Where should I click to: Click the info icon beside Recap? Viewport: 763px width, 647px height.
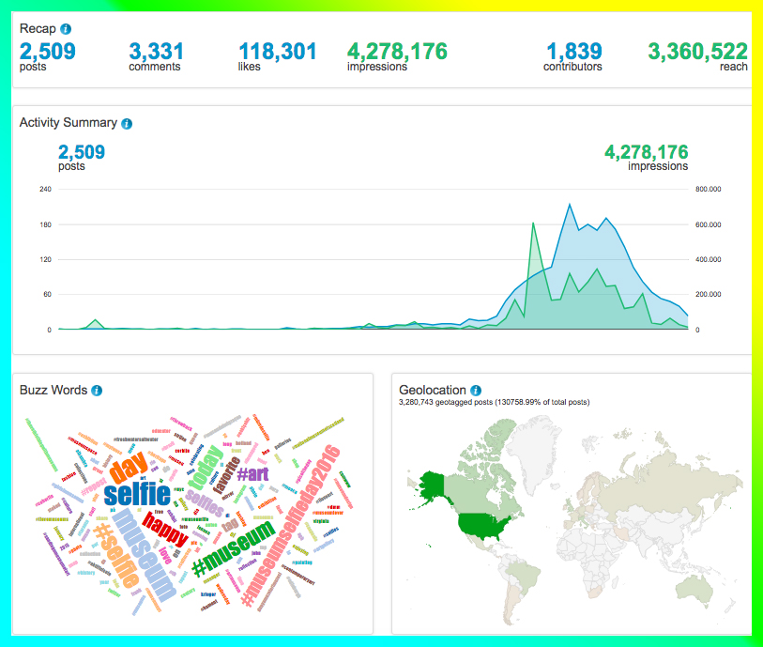[66, 29]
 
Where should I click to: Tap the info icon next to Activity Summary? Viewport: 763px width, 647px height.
[127, 123]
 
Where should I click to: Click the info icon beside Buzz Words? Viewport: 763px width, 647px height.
[97, 391]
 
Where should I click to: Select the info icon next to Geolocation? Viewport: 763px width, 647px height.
[476, 391]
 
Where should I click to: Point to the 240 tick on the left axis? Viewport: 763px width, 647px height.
[45, 190]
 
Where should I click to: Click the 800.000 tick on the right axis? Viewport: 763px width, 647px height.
[708, 190]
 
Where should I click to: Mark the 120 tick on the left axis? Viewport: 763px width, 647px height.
[45, 260]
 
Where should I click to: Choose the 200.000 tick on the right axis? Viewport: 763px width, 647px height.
[708, 295]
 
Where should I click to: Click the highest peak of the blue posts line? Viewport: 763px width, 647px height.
[569, 204]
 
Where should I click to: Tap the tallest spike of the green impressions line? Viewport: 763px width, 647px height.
[533, 223]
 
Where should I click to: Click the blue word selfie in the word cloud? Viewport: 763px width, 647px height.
[137, 493]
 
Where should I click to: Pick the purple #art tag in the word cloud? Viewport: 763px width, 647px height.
[252, 474]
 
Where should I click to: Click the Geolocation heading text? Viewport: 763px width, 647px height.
[432, 391]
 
